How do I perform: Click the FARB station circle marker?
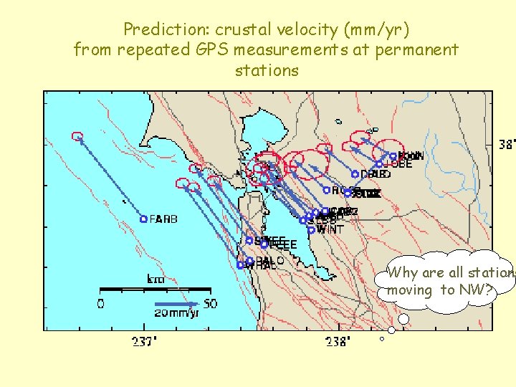point(143,219)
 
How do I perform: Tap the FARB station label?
point(164,219)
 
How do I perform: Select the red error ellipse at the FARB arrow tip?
point(77,136)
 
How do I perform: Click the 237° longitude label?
point(145,341)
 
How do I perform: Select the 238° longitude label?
point(338,341)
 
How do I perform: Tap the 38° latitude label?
point(506,144)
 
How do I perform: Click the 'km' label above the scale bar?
point(156,279)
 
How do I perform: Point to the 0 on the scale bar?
point(101,303)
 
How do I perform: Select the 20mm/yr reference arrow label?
point(177,313)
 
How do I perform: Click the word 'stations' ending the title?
point(267,70)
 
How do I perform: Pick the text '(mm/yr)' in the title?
point(374,29)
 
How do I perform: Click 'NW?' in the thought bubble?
point(474,290)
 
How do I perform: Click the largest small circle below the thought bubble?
point(403,319)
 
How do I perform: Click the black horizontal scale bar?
point(155,290)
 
